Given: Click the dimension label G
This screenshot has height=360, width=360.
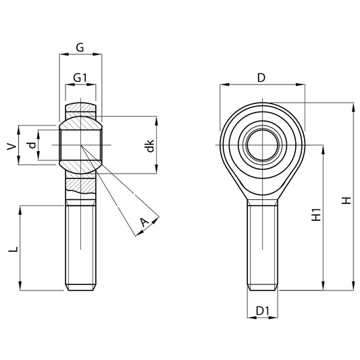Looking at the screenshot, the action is coord(80,47).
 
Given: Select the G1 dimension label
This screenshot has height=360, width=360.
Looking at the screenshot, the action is coord(80,78).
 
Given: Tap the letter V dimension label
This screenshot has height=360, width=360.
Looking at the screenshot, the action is coord(11,147).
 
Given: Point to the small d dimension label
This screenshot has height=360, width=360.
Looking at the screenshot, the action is coord(32,145).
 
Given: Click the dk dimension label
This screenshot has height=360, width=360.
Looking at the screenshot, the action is coord(150,146).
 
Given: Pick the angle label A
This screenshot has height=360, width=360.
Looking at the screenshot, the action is coord(144,222).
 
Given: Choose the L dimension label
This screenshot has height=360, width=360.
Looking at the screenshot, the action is coord(13,249).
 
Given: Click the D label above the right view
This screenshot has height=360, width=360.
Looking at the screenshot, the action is coord(261,78).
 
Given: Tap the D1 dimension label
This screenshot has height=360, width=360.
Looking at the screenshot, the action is coord(263,311).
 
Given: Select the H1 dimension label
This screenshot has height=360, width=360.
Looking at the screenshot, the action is coord(316,215).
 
